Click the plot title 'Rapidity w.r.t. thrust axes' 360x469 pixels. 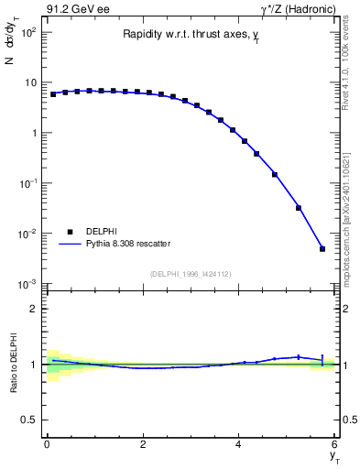click(188, 34)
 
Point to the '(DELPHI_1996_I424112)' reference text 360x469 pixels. click(189, 272)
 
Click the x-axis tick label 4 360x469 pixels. click(239, 444)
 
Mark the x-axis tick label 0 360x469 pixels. click(47, 444)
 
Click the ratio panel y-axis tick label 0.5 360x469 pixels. click(27, 420)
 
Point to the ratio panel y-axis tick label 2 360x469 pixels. click(33, 309)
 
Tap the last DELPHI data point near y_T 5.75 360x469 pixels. click(322, 248)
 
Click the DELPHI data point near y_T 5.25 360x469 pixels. click(299, 208)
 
